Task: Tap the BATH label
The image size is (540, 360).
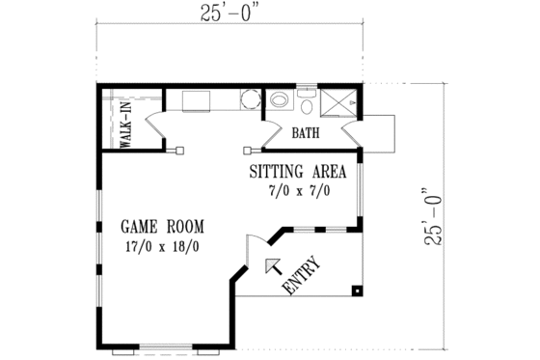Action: coord(306,133)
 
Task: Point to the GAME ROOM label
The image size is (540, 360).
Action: coord(162,227)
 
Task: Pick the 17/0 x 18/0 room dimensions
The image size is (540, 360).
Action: coord(162,247)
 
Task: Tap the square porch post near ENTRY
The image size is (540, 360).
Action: coord(357,289)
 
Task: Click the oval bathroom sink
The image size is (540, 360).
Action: coord(280,98)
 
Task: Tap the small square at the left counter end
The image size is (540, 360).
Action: coord(179,150)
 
